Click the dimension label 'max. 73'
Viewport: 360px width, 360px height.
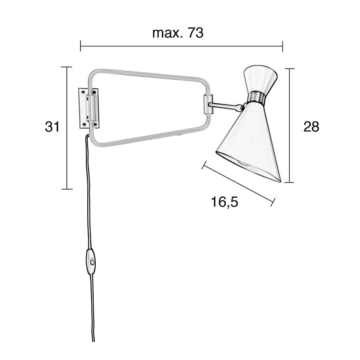(178, 33)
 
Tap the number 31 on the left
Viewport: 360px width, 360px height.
(52, 126)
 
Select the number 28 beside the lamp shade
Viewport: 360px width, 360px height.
(311, 126)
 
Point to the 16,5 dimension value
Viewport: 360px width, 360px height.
(224, 202)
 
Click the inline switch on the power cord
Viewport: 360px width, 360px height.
(91, 262)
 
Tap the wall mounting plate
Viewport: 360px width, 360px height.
(88, 108)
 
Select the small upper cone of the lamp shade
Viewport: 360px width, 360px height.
(260, 79)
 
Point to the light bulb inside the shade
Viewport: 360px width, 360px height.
(244, 164)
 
